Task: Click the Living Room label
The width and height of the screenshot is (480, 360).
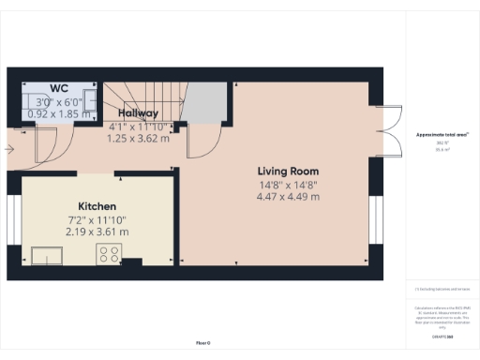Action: tap(289, 172)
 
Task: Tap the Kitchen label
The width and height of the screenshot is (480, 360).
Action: tap(97, 206)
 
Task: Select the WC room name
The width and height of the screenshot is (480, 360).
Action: tap(59, 88)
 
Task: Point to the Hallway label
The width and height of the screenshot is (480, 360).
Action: tap(137, 113)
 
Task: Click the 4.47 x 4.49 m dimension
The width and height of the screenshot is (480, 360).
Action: tap(289, 197)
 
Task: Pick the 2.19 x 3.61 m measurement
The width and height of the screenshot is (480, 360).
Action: tap(97, 232)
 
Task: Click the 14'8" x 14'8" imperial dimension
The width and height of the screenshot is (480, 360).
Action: tap(289, 185)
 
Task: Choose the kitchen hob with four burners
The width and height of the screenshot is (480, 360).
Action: tap(109, 253)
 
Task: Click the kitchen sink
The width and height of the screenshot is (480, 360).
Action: tap(46, 254)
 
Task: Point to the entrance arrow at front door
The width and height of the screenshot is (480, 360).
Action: tap(9, 147)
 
